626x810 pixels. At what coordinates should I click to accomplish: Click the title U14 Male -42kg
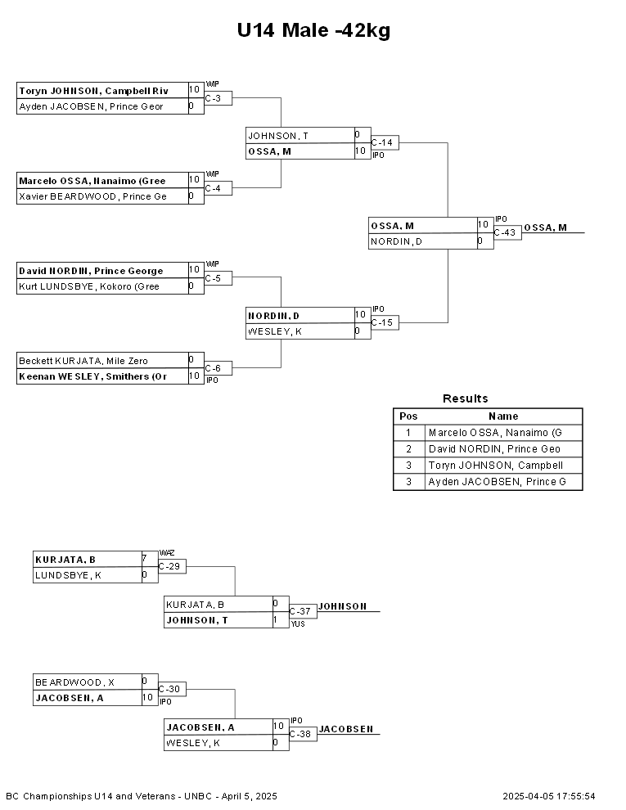(x=313, y=30)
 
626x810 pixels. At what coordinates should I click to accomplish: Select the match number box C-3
(x=218, y=98)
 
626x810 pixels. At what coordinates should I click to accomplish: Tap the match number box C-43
(x=507, y=232)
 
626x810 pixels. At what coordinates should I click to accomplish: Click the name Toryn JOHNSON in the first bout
(x=60, y=91)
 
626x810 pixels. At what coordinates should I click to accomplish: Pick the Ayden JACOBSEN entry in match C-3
(x=91, y=106)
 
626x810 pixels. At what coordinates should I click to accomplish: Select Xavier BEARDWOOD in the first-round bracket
(x=93, y=196)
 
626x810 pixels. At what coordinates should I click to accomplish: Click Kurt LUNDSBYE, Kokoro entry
(x=89, y=286)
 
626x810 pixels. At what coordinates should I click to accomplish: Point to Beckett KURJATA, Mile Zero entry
(x=83, y=361)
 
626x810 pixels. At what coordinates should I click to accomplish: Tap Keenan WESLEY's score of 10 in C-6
(x=194, y=376)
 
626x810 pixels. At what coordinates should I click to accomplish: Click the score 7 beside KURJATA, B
(x=145, y=559)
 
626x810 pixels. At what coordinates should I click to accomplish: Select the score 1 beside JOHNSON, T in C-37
(x=275, y=619)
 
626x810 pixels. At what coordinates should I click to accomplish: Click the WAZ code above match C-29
(x=167, y=553)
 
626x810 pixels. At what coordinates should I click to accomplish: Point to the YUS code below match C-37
(x=298, y=624)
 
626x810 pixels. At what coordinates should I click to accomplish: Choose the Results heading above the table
(x=466, y=398)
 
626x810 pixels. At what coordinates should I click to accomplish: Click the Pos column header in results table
(x=408, y=416)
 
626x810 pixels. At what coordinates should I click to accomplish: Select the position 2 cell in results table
(x=408, y=449)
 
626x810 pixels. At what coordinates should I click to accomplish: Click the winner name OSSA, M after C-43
(x=546, y=227)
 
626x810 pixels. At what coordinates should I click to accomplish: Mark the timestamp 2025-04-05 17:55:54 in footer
(x=549, y=796)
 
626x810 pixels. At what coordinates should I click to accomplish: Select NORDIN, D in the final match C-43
(x=397, y=241)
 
